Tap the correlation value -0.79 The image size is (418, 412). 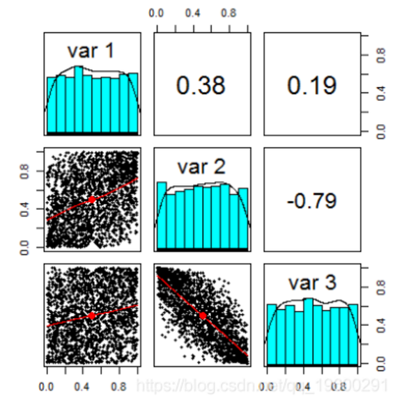pos(311,201)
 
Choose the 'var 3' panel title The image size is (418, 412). pos(311,283)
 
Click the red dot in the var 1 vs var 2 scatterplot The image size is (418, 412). pos(92,200)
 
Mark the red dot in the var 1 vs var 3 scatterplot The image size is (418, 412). pos(92,315)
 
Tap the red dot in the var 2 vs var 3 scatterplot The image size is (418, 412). pos(203,315)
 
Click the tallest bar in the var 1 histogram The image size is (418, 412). pos(79,100)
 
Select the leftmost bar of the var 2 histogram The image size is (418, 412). pos(162,215)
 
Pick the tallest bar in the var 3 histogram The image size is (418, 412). pos(308,331)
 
